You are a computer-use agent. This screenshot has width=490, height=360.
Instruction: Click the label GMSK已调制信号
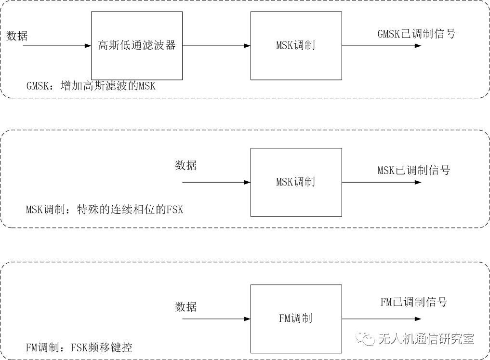point(416,34)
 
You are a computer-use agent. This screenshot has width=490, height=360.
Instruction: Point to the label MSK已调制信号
point(414,170)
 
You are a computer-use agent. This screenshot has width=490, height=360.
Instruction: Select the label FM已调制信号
point(414,302)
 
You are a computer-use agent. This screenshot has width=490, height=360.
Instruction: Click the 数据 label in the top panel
point(17,36)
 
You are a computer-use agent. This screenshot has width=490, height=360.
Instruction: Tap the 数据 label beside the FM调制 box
point(185,307)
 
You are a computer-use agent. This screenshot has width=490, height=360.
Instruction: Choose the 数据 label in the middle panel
point(185,165)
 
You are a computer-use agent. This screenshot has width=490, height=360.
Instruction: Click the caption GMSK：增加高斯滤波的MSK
point(91,86)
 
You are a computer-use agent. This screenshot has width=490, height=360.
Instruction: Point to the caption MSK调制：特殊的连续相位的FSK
point(105,209)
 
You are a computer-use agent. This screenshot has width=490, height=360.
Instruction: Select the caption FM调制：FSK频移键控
point(79,347)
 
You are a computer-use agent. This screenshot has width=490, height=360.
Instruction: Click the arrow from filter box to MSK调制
point(216,46)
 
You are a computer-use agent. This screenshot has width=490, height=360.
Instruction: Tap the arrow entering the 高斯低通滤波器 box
point(57,46)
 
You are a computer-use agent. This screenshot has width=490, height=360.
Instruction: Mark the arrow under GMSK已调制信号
point(382,46)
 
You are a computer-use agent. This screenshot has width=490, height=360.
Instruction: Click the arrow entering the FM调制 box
point(216,319)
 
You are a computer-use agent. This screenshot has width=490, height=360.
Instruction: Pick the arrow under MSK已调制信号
point(382,183)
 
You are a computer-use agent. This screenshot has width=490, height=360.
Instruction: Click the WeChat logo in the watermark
point(365,338)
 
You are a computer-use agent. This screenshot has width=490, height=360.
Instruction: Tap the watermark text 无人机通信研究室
point(426,339)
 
